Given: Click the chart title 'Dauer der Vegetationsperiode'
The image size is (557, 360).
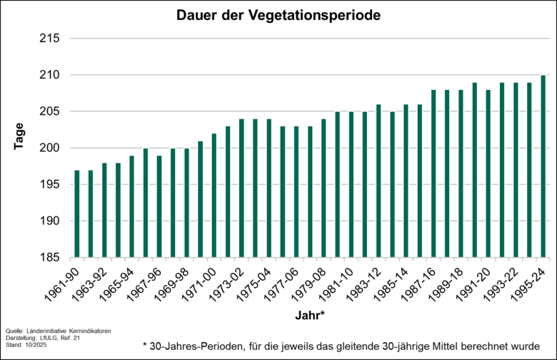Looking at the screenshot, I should click(279, 14).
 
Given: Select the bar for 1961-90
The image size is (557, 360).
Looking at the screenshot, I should click(77, 214).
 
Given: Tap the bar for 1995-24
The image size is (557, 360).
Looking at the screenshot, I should click(543, 166).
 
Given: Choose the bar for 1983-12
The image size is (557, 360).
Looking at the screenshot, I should click(378, 181).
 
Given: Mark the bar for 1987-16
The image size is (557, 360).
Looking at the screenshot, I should click(433, 174).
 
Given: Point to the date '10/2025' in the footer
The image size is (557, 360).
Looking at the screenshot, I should click(34, 345).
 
